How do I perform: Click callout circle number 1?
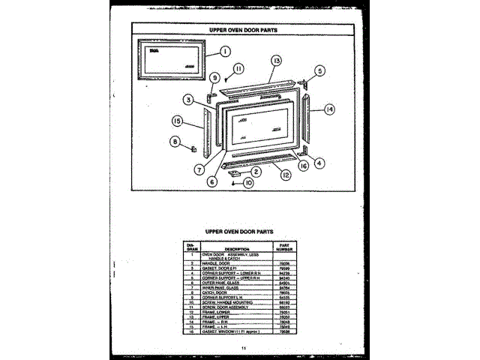point(225,52)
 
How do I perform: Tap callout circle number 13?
point(277,60)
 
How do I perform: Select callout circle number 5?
point(319,71)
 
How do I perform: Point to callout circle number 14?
point(329,109)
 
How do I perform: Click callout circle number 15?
point(178,121)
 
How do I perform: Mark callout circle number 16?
point(303,166)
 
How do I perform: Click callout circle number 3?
point(188,98)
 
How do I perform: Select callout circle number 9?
point(214,77)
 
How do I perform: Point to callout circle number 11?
point(238,68)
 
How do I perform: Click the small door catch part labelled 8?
point(193,146)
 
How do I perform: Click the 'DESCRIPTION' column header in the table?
point(236,248)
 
